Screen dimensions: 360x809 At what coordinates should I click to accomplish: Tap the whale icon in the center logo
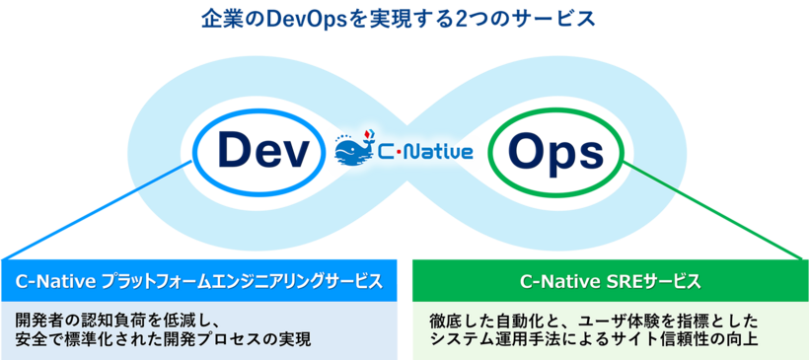[353, 151]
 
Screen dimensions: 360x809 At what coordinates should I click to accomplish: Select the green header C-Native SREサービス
[610, 281]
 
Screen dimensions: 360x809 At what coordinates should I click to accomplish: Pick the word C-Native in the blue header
[57, 281]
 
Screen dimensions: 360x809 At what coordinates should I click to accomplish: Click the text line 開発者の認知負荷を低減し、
[122, 322]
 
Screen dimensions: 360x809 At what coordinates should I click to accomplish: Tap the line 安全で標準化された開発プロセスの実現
[164, 341]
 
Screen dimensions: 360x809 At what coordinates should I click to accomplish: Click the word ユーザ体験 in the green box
[621, 322]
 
